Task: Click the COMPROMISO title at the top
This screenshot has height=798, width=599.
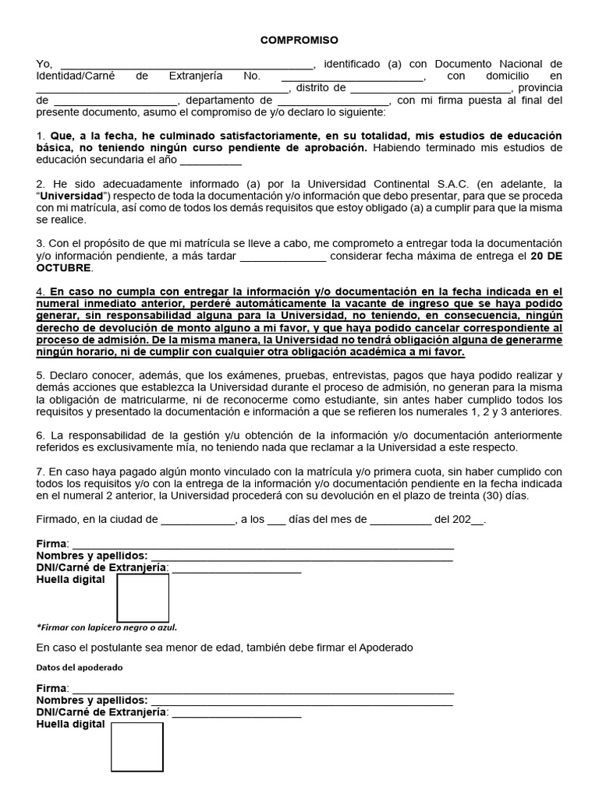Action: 299,40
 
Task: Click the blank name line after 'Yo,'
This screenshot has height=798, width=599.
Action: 186,65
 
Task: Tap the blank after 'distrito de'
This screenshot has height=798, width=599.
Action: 420,89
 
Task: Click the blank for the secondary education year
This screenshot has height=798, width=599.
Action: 211,161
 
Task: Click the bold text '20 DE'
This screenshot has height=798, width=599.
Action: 546,256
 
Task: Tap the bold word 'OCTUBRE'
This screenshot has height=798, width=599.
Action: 63,268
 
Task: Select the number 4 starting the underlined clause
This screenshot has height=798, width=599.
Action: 40,291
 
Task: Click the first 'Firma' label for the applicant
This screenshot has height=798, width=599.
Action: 51,543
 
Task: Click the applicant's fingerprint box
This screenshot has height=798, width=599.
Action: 143,598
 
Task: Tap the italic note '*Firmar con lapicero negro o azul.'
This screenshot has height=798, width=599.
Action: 107,627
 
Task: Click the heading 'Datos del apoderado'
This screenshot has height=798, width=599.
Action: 80,668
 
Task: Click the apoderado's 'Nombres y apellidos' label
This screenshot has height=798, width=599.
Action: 91,701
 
